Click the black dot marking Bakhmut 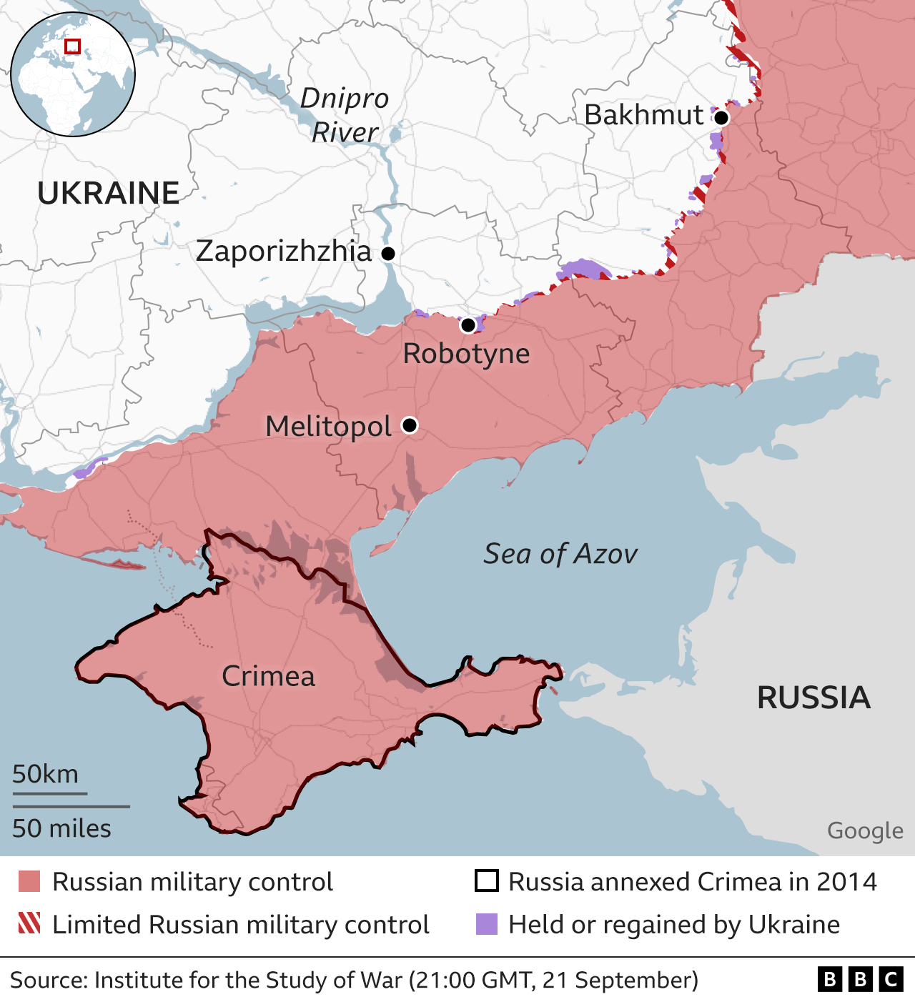[721, 118]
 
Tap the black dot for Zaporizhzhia [388, 254]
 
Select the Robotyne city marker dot [468, 326]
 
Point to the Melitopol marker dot [410, 425]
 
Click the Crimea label [268, 676]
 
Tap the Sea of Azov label [560, 554]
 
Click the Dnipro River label [345, 115]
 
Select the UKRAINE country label [108, 193]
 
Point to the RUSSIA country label [813, 698]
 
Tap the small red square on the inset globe [72, 46]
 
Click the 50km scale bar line [49, 793]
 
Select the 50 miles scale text [61, 828]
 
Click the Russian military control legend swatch [29, 881]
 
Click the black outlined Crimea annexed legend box [487, 881]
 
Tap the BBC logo [861, 979]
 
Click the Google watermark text [865, 830]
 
